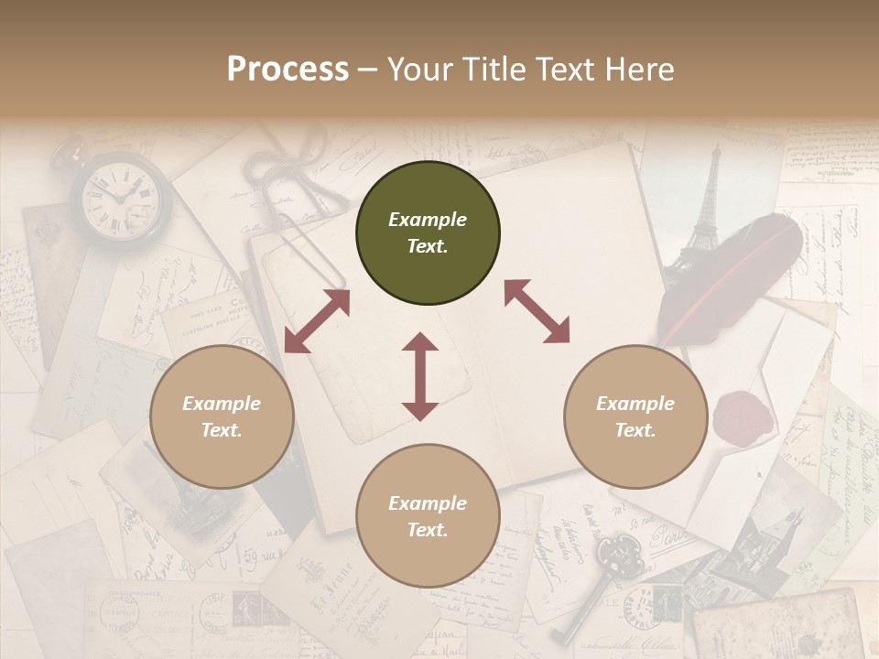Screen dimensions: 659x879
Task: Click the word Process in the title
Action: click(288, 70)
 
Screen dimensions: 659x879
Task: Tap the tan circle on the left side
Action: click(222, 416)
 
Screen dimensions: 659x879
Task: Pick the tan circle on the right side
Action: click(635, 416)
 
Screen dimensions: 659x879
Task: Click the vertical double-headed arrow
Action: click(420, 376)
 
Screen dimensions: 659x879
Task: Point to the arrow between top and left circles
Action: click(317, 321)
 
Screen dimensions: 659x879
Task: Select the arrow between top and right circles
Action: click(537, 311)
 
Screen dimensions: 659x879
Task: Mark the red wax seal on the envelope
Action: click(743, 416)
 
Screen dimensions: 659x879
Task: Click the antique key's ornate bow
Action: click(614, 553)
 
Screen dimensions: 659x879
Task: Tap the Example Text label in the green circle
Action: click(428, 232)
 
